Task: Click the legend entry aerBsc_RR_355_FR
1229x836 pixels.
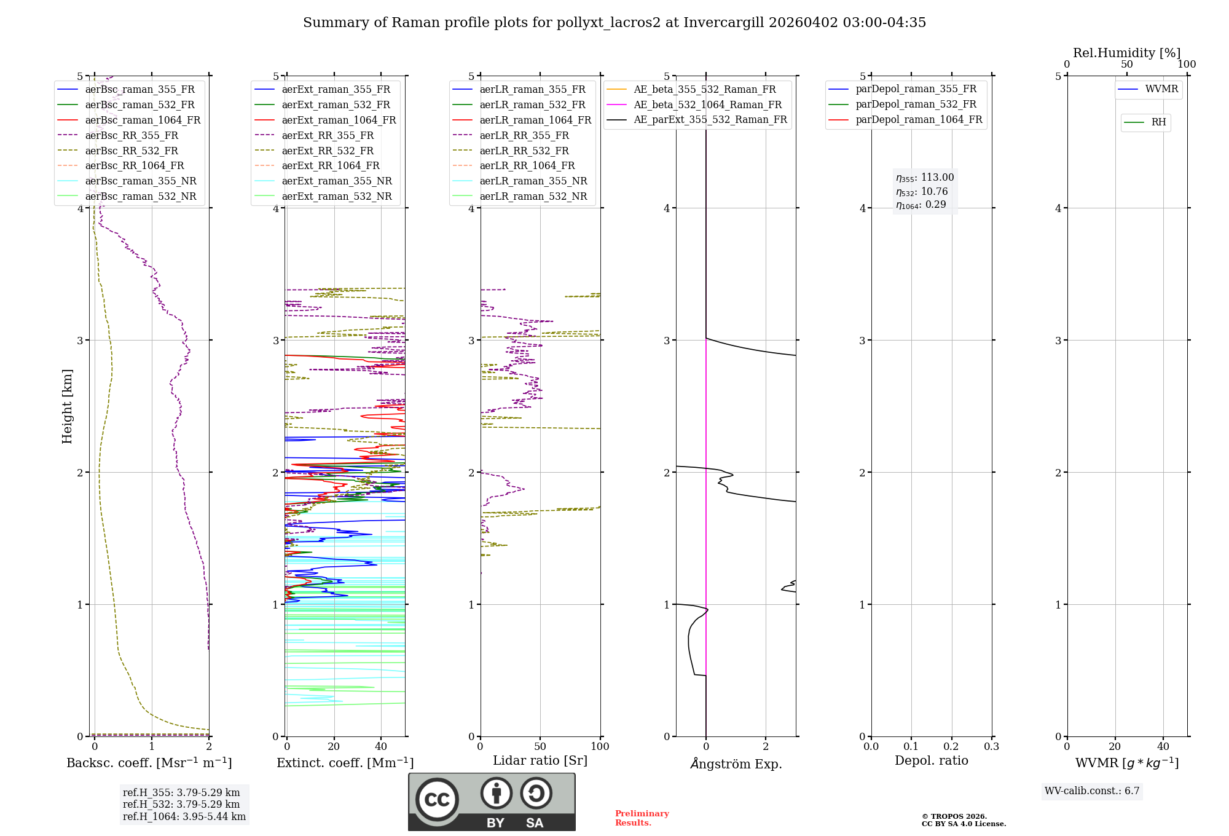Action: (x=132, y=135)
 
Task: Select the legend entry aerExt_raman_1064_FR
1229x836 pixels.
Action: (x=339, y=120)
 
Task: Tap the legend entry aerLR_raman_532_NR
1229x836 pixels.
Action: (x=533, y=197)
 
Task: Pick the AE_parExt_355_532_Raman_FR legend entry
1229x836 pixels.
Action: (x=710, y=120)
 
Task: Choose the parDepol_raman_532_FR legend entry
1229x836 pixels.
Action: (x=916, y=104)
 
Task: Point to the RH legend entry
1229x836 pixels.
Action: (x=1158, y=122)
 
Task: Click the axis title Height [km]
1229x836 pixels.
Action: (x=67, y=406)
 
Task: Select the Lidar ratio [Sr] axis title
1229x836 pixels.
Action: (x=540, y=760)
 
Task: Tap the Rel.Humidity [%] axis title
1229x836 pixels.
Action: (x=1126, y=53)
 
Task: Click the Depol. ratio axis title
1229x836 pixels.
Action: (x=931, y=760)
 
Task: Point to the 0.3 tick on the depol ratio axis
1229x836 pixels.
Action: (x=991, y=747)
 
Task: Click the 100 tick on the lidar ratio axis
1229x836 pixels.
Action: (x=600, y=747)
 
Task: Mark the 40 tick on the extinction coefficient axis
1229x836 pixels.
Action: (x=381, y=747)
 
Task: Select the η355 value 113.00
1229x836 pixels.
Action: (x=937, y=178)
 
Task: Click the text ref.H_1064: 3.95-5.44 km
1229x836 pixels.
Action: (x=184, y=816)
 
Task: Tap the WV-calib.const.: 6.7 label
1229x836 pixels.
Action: (x=1092, y=791)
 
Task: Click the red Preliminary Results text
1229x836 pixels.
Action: (x=642, y=818)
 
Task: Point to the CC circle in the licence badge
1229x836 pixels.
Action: (x=437, y=800)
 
